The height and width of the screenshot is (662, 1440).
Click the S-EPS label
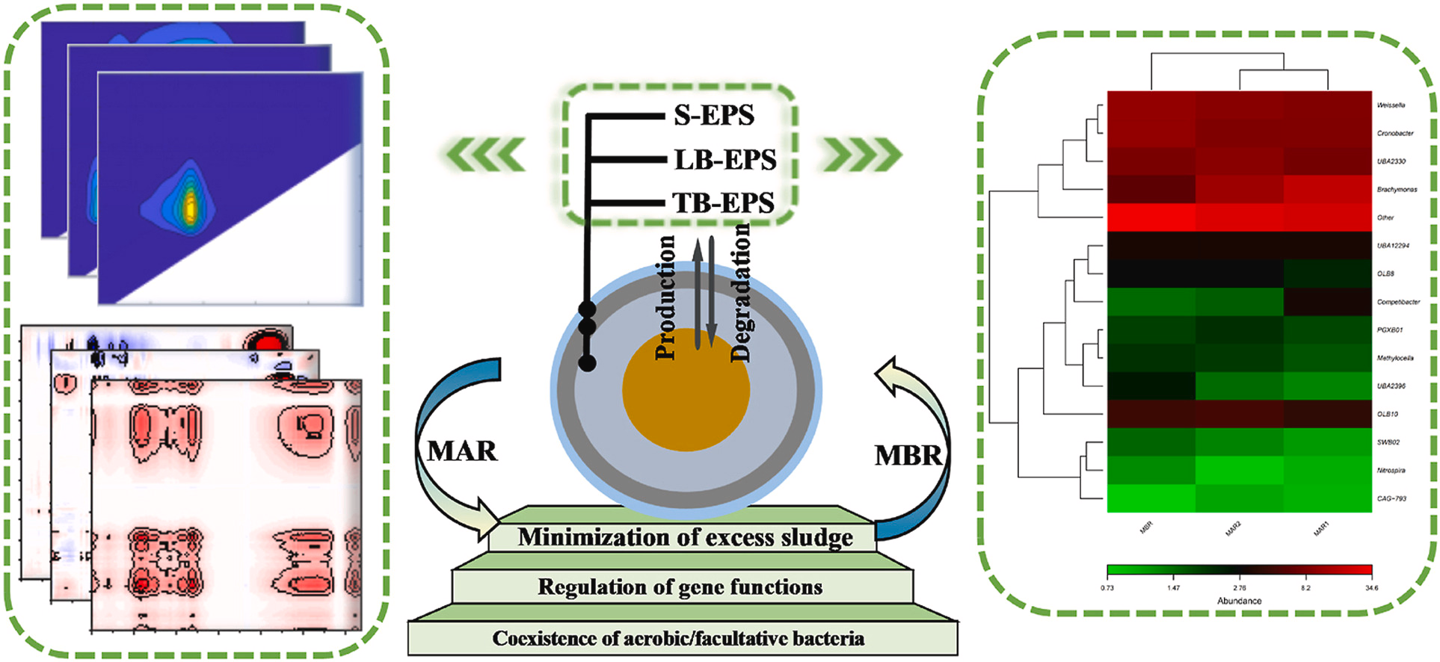pyautogui.click(x=713, y=116)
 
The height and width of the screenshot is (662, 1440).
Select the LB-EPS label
pyautogui.click(x=724, y=160)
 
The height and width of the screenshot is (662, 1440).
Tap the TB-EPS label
pyautogui.click(x=723, y=202)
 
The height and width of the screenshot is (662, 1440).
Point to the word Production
pyautogui.click(x=665, y=297)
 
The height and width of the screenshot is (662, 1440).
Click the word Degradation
pyautogui.click(x=739, y=293)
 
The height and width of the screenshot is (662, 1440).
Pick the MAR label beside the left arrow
pyautogui.click(x=461, y=451)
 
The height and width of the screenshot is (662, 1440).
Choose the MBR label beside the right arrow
pyautogui.click(x=908, y=455)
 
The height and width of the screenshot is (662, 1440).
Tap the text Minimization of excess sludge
pyautogui.click(x=685, y=538)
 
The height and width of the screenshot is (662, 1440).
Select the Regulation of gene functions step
pyautogui.click(x=680, y=587)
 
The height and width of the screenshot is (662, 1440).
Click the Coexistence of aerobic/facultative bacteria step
pyautogui.click(x=678, y=639)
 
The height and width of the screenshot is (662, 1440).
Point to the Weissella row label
pyautogui.click(x=1391, y=105)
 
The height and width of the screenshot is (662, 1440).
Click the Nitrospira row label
pyautogui.click(x=1391, y=471)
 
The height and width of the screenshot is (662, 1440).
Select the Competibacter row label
pyautogui.click(x=1398, y=302)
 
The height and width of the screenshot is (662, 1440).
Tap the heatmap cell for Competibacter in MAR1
pyautogui.click(x=1327, y=302)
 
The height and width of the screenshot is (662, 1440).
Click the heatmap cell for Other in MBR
pyautogui.click(x=1151, y=217)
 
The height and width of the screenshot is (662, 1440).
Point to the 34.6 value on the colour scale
pyautogui.click(x=1371, y=588)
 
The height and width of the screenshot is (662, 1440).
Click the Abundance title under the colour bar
pyautogui.click(x=1239, y=601)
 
